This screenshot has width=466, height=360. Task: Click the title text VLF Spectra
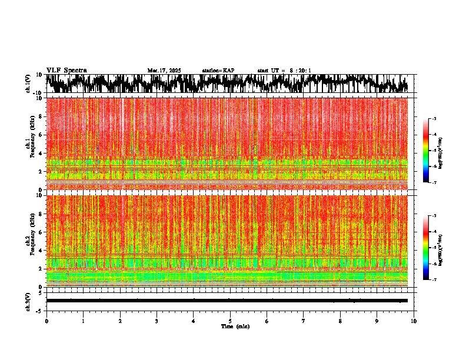[x=66, y=71]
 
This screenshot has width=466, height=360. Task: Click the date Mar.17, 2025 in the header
[x=164, y=71]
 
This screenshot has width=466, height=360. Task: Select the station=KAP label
[x=218, y=71]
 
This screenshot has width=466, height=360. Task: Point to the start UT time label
[x=284, y=71]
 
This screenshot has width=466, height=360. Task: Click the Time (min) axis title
[x=235, y=326]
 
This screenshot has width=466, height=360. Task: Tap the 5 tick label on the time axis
[x=230, y=321]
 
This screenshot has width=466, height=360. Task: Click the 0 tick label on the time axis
[x=46, y=321]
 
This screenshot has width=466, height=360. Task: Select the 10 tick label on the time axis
[x=414, y=321]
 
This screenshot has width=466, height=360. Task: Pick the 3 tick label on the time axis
[x=157, y=321]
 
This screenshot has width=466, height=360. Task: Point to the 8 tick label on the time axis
[x=340, y=321]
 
